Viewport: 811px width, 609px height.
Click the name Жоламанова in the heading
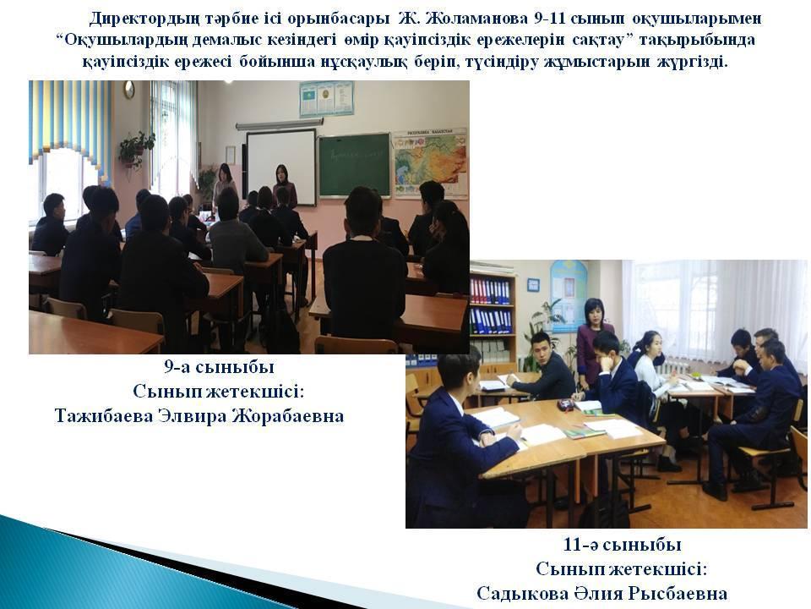(475, 19)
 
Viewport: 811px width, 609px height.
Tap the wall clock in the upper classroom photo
(128, 90)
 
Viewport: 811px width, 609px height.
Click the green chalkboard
(354, 165)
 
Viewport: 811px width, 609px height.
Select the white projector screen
(280, 167)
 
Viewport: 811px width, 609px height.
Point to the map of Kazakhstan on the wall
(430, 162)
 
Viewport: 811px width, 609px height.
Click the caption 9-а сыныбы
(220, 367)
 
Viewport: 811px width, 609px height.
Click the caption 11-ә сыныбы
(622, 545)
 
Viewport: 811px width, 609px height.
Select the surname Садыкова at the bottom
(521, 594)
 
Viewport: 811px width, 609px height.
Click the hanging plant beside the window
(135, 149)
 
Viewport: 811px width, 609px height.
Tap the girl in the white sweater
(654, 383)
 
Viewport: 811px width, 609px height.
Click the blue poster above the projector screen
(326, 98)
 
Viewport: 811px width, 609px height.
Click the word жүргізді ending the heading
(692, 63)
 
